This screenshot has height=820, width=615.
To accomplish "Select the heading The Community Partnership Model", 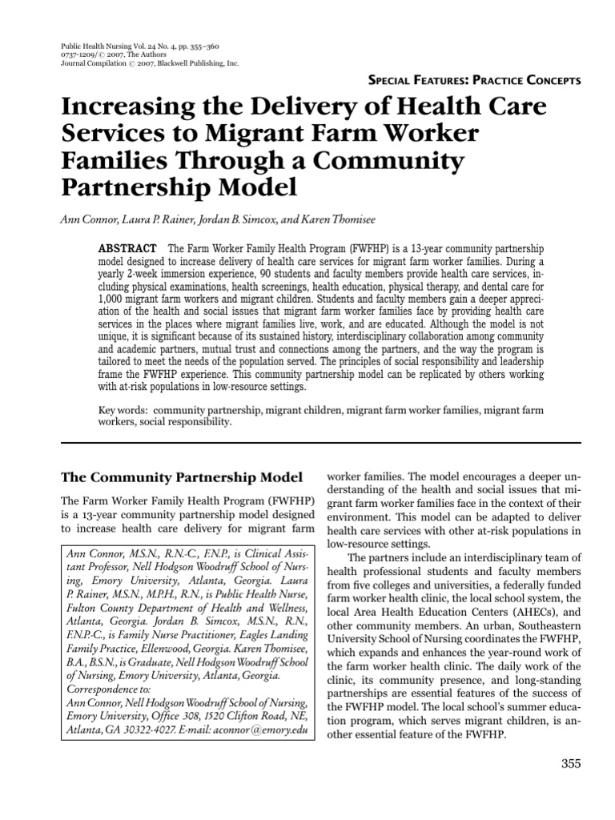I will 183,477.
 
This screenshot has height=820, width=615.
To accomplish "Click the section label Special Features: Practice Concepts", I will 473,81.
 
